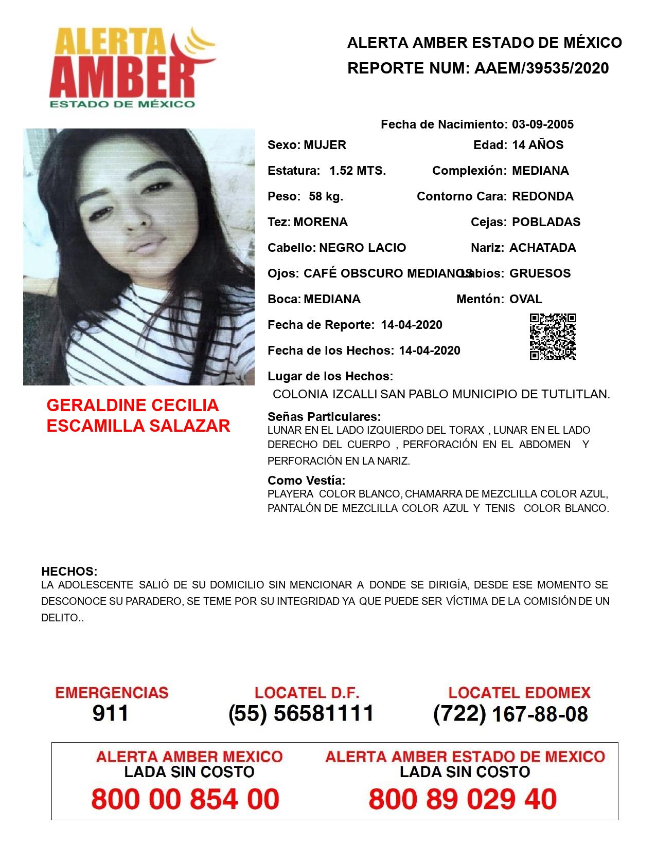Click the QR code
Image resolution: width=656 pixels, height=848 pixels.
553,337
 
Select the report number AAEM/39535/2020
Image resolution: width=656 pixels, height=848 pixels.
541,68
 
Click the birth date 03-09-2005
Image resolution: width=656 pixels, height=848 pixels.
542,124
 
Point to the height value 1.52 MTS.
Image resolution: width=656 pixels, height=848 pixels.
358,171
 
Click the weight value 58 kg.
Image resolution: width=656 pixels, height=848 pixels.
326,196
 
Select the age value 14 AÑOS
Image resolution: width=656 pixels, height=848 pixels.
537,145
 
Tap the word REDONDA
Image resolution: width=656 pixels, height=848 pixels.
542,196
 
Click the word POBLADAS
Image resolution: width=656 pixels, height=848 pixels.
546,222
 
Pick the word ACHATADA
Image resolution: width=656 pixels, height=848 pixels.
542,248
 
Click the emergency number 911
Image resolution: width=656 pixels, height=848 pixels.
111,713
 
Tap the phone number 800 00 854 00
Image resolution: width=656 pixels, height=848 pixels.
185,799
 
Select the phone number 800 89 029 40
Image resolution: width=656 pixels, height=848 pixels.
463,799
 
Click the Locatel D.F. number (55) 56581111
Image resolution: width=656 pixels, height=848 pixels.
301,713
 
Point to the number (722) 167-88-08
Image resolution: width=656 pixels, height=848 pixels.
510,714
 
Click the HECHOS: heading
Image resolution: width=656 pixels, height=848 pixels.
69,572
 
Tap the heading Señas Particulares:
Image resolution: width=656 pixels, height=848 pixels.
324,416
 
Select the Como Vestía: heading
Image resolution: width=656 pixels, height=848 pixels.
306,481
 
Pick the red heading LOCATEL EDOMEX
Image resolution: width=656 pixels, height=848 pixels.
519,693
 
